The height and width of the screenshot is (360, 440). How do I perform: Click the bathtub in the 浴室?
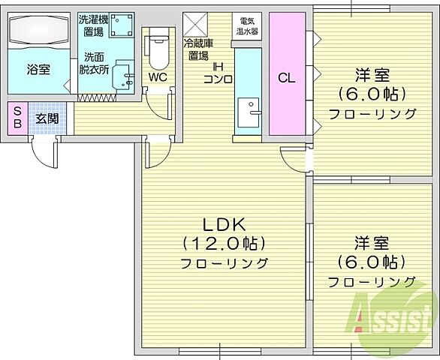tap(40, 31)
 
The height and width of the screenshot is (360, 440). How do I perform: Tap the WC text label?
tap(157, 76)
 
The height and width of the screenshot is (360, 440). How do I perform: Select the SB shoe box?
tap(17, 118)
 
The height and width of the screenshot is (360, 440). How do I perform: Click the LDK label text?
tap(222, 223)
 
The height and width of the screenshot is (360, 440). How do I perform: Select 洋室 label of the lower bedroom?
tap(371, 241)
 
